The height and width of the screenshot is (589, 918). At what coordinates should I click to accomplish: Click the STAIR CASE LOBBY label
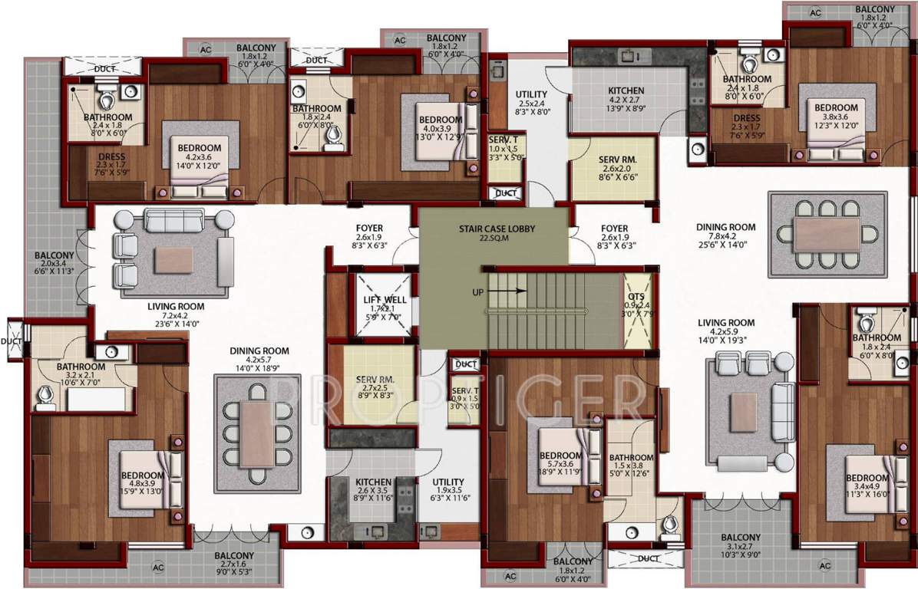496,229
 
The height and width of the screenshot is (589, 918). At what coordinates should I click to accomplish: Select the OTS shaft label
636,296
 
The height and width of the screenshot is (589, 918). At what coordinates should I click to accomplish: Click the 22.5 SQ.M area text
496,238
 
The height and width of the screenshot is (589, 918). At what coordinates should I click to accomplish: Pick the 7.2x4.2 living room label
177,314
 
